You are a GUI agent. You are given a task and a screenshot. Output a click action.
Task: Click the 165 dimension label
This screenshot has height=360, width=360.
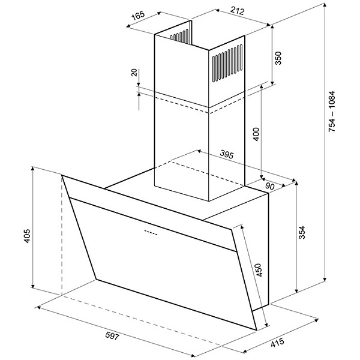[x=138, y=15]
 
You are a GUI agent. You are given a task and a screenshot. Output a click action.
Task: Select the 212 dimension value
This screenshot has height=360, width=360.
[x=238, y=10]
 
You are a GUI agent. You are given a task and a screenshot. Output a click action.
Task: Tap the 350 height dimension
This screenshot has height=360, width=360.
[x=278, y=58]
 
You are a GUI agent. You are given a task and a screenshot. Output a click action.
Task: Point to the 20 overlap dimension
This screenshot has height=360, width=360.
[x=134, y=73]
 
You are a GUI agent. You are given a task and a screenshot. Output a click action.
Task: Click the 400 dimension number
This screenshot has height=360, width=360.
[x=256, y=134]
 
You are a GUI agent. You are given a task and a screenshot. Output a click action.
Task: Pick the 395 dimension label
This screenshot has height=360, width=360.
[x=227, y=154]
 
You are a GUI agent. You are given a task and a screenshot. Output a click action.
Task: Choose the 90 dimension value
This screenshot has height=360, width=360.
[x=270, y=186]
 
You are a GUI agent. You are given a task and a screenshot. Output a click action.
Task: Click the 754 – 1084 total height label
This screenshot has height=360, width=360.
[x=332, y=112]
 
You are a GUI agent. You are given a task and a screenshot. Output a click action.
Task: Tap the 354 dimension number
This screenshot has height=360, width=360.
[x=302, y=232]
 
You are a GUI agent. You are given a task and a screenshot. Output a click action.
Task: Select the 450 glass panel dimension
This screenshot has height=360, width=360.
[x=259, y=270]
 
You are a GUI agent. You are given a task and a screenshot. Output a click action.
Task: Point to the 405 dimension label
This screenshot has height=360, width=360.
[x=27, y=236]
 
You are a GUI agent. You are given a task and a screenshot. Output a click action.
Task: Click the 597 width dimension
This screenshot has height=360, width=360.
[x=112, y=336]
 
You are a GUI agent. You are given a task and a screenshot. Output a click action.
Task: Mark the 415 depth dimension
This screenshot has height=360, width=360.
[x=277, y=343]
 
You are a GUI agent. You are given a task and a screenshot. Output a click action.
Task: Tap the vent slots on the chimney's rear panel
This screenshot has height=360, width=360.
[x=180, y=35]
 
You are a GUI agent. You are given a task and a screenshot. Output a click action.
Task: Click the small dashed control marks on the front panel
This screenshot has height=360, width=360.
[x=151, y=233]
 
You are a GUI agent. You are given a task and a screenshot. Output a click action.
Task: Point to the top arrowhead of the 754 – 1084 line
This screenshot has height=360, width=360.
[x=325, y=5]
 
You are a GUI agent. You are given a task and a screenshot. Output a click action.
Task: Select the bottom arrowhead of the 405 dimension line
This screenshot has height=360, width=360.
[x=33, y=286]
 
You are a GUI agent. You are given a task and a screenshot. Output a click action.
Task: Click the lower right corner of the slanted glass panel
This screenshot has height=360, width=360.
[x=256, y=331]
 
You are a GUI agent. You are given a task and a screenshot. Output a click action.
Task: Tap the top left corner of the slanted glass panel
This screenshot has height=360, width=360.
[x=62, y=175]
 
